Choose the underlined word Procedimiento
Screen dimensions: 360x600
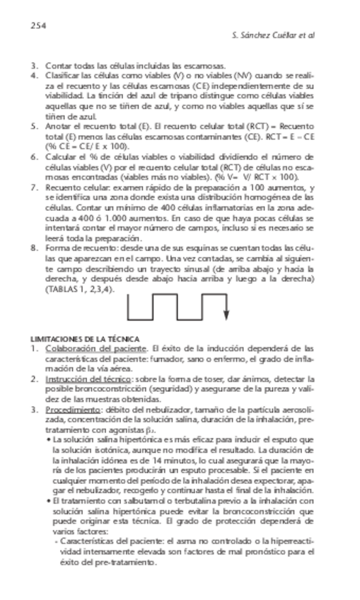tap(71, 409)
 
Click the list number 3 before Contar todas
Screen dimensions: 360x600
tap(34, 65)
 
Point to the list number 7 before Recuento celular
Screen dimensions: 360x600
tap(34, 187)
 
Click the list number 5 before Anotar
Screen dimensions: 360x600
tap(34, 126)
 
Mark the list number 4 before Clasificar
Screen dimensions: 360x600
tap(34, 75)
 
